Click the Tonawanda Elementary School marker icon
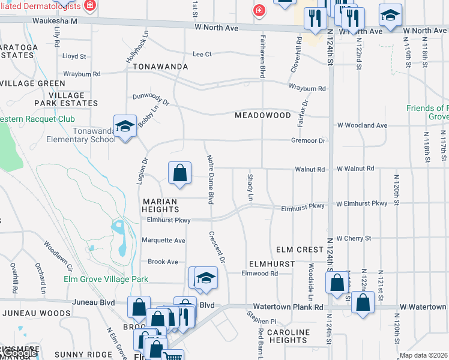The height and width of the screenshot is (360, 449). coord(125,127)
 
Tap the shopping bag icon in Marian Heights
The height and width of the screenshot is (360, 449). coord(179,174)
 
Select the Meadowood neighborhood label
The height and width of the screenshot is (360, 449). coord(263,115)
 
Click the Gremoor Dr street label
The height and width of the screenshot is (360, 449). coord(307,140)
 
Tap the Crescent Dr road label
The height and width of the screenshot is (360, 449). coord(217,247)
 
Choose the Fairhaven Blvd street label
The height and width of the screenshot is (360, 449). coord(262,55)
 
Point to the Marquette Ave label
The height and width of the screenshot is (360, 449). coord(163,240)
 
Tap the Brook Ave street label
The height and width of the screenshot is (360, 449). coord(163,262)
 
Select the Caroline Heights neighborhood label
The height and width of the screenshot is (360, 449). coord(288,337)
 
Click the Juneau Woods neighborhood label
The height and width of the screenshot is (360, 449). coord(37,313)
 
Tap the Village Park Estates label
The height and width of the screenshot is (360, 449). coord(66,99)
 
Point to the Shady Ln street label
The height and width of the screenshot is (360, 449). coord(250,187)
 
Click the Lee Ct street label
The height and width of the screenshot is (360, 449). coord(202,54)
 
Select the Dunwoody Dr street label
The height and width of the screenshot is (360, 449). coord(151,99)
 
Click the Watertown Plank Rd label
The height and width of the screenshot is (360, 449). coord(288,307)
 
